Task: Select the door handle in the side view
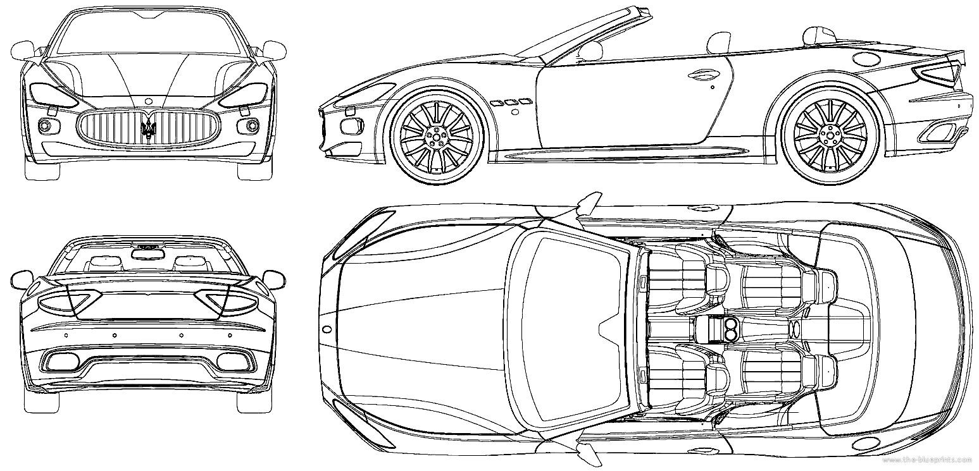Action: pyautogui.click(x=703, y=75)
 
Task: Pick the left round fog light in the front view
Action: pyautogui.click(x=45, y=126)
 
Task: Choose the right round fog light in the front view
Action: pyautogui.click(x=252, y=126)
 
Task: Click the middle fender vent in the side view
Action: pyautogui.click(x=509, y=103)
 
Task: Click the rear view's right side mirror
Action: pyautogui.click(x=274, y=280)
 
